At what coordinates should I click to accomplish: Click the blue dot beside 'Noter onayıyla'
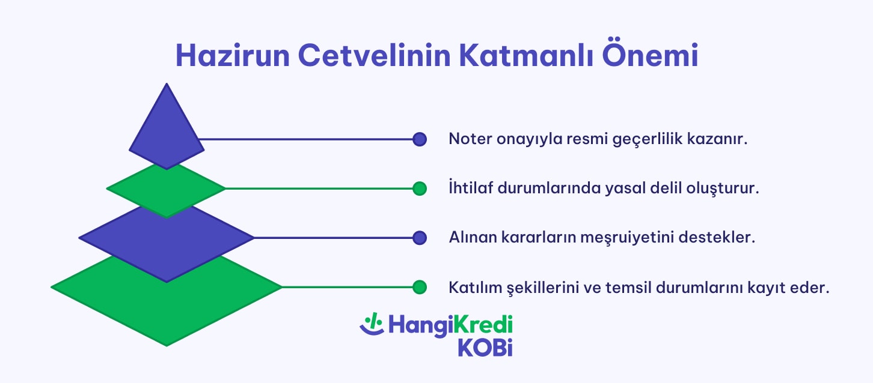pos(420,139)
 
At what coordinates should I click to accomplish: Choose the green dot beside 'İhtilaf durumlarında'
pos(420,188)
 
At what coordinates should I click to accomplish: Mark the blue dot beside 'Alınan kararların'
pos(420,238)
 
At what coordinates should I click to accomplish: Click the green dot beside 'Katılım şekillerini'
pos(420,288)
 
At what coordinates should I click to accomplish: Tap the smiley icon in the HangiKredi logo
pos(372,324)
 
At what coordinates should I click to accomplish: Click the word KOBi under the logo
pos(485,347)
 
